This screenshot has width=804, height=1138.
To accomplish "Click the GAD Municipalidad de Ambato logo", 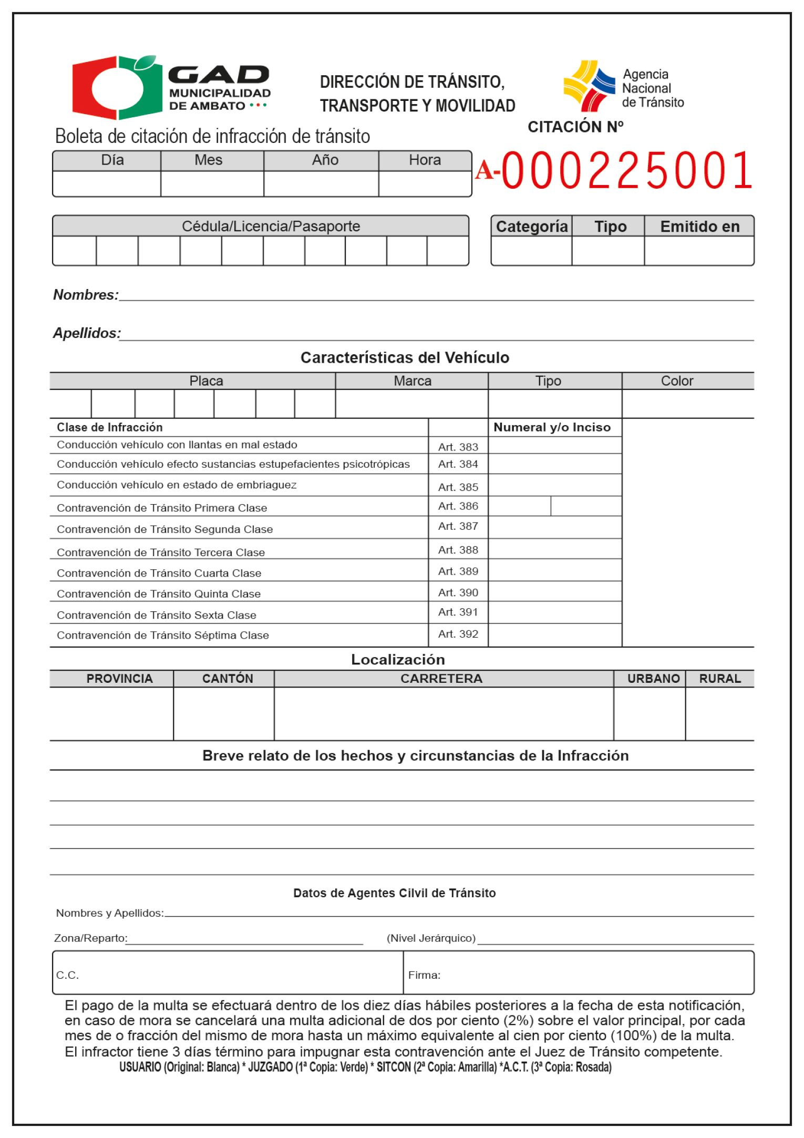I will (171, 87).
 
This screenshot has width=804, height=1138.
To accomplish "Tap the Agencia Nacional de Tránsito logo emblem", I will (589, 86).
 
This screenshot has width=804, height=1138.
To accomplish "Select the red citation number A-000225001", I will (615, 170).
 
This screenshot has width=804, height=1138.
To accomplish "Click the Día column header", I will (112, 160).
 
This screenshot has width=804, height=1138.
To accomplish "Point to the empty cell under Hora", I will (425, 184).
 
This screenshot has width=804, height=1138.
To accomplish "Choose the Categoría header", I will (532, 227).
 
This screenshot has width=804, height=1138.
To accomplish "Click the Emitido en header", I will (699, 227).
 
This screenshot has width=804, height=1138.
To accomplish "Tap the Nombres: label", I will (86, 295).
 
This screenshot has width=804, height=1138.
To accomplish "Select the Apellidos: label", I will (87, 333).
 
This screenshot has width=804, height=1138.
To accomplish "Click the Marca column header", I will (413, 381).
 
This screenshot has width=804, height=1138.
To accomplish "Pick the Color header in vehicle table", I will (677, 381).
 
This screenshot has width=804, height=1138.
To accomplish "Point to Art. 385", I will (458, 487).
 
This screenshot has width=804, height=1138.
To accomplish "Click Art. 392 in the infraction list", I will (458, 634).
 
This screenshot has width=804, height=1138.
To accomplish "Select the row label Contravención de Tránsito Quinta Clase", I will (159, 594).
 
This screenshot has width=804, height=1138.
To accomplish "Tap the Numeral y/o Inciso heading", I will (552, 427).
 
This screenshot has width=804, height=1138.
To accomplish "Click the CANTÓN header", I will (228, 679).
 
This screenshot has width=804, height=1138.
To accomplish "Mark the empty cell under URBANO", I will (650, 714).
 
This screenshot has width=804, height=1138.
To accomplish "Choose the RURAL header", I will (720, 679).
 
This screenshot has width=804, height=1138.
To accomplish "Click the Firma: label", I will (424, 976).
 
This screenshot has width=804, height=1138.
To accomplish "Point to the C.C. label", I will (68, 976).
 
